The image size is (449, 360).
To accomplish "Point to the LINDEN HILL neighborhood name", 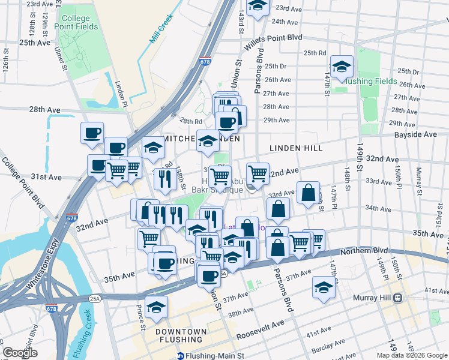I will tap(296, 148).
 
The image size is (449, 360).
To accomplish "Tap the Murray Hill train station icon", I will tap(397, 298).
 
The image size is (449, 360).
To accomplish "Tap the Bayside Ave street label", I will tap(415, 135).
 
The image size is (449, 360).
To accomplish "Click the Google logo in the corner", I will tap(20, 353).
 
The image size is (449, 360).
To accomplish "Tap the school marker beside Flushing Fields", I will tap(342, 68).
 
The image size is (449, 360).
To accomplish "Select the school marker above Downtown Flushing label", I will tap(157, 307).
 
